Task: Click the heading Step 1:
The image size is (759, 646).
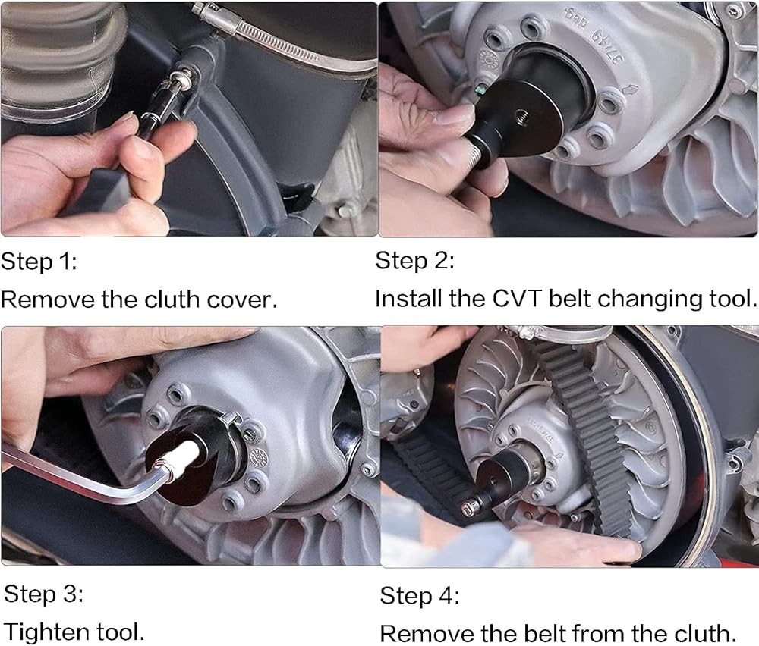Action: pos(39,262)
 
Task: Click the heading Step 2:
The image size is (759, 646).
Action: pos(415,261)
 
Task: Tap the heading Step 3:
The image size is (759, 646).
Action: pos(43,594)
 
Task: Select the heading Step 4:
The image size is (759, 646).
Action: pos(420,596)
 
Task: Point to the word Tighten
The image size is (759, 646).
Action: pos(46,632)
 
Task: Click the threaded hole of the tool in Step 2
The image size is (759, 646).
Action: pos(523,116)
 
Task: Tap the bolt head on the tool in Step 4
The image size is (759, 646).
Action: pos(468,507)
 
